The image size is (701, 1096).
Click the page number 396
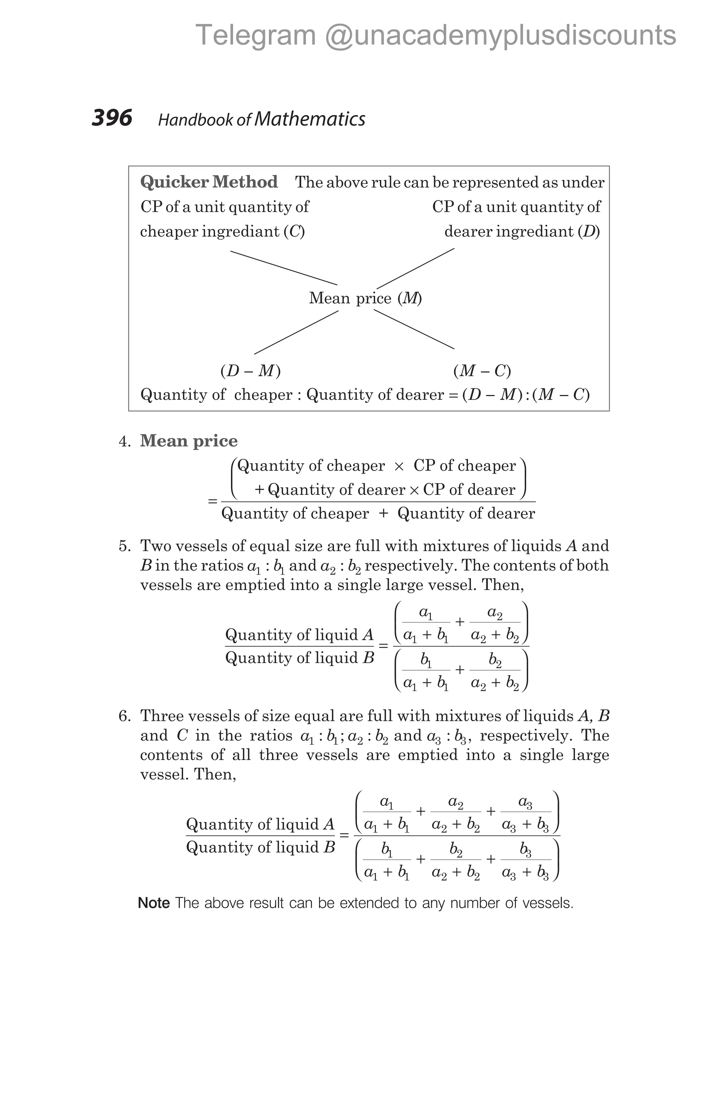point(112,118)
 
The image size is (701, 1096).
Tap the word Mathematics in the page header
point(310,119)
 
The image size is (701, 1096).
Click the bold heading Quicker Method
point(208,182)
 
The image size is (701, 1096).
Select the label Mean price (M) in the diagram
point(365,298)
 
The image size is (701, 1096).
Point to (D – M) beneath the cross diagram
point(251,371)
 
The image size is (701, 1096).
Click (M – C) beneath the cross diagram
point(482,371)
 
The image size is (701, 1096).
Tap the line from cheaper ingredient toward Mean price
point(283,268)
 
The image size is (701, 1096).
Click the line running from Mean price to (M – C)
point(414,330)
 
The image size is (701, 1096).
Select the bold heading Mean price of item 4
point(189,440)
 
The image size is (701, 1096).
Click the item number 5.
point(124,546)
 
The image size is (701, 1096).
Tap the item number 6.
point(124,716)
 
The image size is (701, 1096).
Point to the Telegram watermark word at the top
point(256,35)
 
